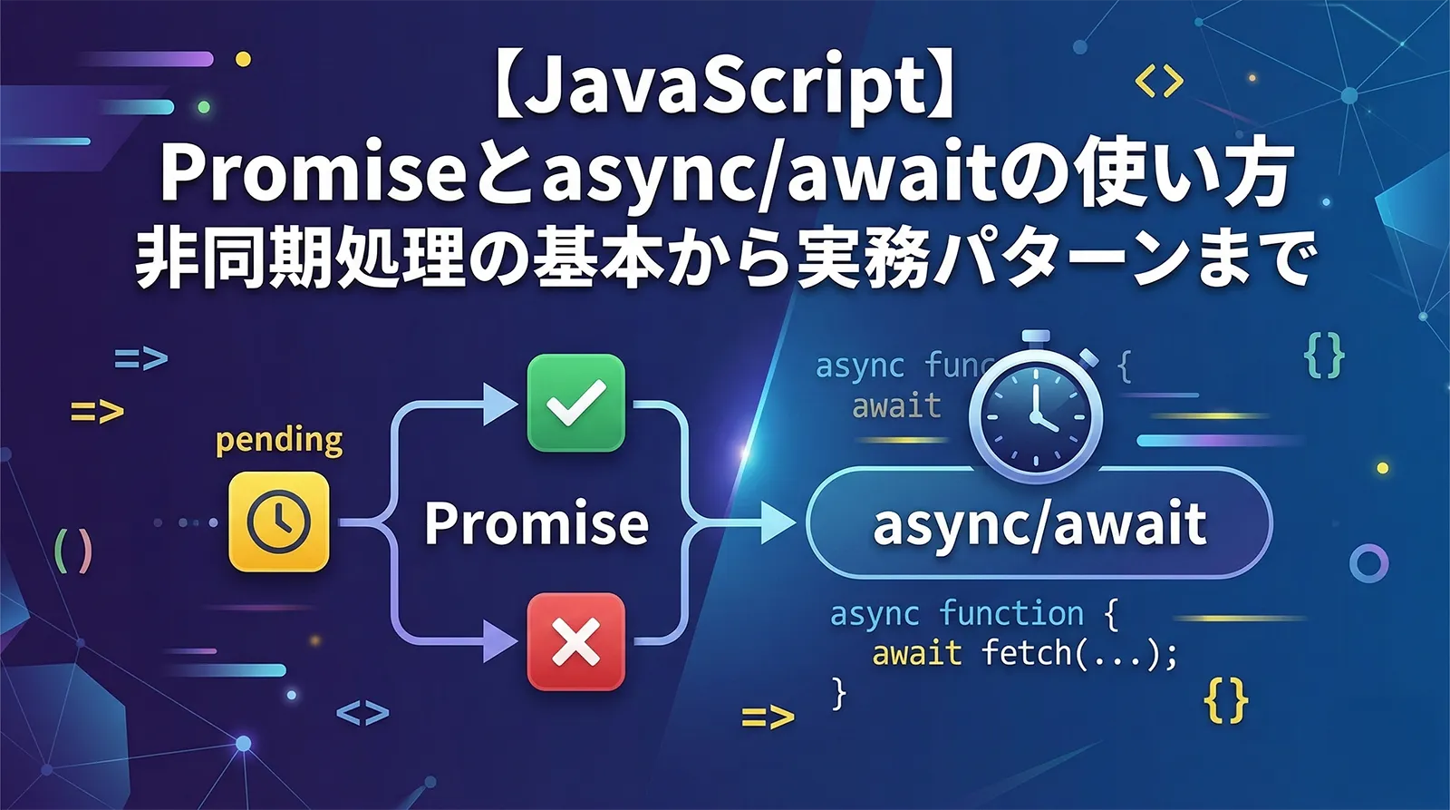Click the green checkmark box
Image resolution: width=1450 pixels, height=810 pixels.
coord(576,403)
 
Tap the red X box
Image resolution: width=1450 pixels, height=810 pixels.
coord(576,641)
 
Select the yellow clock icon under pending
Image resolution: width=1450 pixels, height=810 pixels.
coord(278,522)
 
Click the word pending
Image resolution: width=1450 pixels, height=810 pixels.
coord(279,441)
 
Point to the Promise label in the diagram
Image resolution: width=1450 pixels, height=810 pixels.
coord(536,523)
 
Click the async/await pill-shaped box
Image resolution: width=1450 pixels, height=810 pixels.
coord(1039,523)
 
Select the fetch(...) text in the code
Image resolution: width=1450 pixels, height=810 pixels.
coord(1078,653)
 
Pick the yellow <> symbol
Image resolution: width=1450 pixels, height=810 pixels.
coord(1159,82)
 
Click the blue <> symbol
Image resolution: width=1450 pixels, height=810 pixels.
coord(362,713)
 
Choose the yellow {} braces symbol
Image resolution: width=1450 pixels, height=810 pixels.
coord(1226,701)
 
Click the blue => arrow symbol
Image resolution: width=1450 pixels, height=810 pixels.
coord(141,359)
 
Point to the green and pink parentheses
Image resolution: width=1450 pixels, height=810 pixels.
coord(73,550)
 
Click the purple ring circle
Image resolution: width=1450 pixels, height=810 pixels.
coord(1368,563)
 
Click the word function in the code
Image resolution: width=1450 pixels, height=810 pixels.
coord(1011,614)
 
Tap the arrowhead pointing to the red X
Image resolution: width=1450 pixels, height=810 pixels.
coord(500,641)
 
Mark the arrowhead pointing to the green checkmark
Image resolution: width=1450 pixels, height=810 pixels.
coord(500,403)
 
